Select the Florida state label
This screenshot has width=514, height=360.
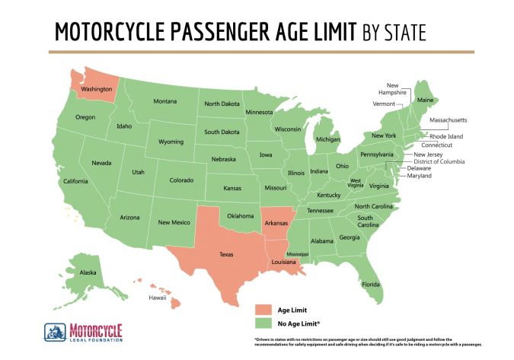(x=371, y=285)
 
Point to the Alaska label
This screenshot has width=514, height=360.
(x=88, y=272)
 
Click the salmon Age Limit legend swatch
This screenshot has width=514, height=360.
(x=263, y=309)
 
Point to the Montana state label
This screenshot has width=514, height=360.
(x=165, y=101)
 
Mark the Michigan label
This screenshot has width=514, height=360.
(x=327, y=140)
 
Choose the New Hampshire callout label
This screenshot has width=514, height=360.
(x=391, y=88)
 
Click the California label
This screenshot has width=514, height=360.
(x=75, y=181)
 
